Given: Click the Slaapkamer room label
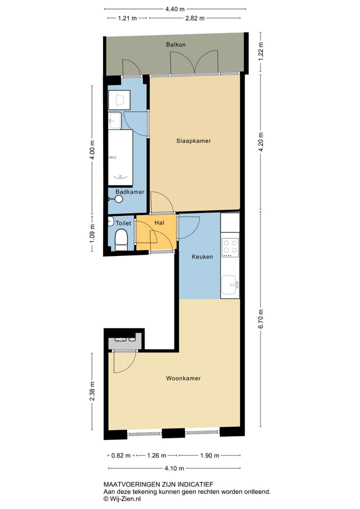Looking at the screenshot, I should coord(193,141).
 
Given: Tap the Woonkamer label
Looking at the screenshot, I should coord(183,378).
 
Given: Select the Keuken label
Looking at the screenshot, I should coord(203,257).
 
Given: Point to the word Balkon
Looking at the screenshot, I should coord(176,44).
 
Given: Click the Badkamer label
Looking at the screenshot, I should coord(130,192).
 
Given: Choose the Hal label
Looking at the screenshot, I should coord(159,223).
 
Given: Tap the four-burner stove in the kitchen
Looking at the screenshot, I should coord(230,247).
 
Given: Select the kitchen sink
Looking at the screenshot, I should coord(230,285).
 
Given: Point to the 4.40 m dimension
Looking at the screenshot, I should coord(174,8).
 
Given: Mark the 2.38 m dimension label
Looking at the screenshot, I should coord(91,391).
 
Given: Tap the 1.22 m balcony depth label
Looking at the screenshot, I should coord(260,52).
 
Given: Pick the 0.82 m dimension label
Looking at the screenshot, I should coord(120,455).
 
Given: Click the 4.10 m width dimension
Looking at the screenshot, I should coord(174,468).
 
